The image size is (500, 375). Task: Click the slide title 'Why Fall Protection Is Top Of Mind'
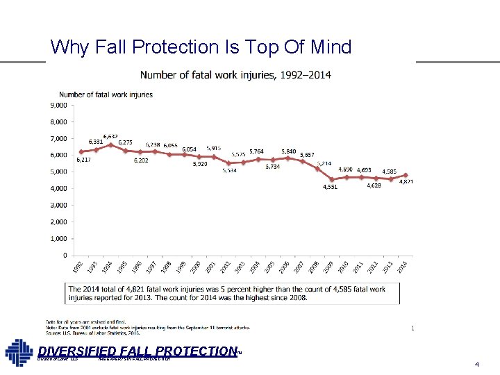(x=201, y=47)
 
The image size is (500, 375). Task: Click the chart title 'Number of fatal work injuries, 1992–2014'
(x=236, y=74)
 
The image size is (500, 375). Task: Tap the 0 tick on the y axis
(x=64, y=255)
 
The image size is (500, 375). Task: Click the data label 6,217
(x=83, y=160)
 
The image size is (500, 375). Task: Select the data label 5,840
(x=288, y=151)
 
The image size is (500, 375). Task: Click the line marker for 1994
(x=110, y=144)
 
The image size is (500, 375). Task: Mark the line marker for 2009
(x=332, y=179)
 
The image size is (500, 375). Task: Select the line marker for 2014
(x=406, y=175)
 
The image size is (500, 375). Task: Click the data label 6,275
(x=126, y=142)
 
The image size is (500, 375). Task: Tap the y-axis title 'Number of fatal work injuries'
(x=106, y=94)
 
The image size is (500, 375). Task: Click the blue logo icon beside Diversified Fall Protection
(x=19, y=353)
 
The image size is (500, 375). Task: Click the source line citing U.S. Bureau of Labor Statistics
(x=93, y=333)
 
